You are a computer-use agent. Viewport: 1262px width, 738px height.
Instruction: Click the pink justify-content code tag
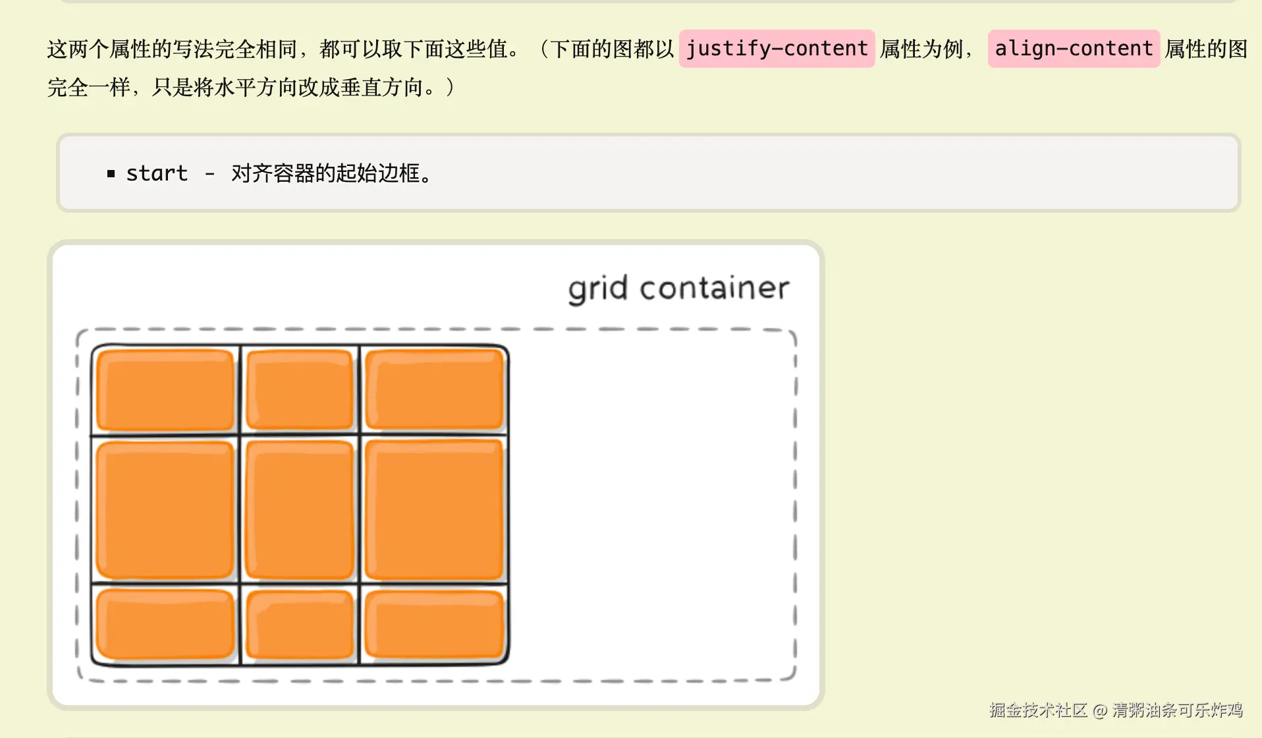pyautogui.click(x=777, y=49)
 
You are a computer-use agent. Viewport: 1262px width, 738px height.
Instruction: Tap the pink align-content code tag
pyautogui.click(x=1074, y=49)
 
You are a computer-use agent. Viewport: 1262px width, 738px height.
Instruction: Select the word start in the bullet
pyautogui.click(x=157, y=173)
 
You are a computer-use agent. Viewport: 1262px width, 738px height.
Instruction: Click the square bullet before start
pyautogui.click(x=111, y=174)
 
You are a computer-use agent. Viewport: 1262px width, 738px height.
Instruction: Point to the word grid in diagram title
pyautogui.click(x=597, y=289)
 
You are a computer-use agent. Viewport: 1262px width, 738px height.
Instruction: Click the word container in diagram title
pyautogui.click(x=715, y=288)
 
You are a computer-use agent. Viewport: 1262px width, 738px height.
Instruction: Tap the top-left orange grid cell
pyautogui.click(x=165, y=390)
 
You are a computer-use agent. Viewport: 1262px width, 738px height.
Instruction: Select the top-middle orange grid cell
pyautogui.click(x=300, y=390)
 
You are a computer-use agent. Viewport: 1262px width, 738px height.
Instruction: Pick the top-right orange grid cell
pyautogui.click(x=434, y=389)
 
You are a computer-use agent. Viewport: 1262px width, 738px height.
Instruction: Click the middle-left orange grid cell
pyautogui.click(x=165, y=510)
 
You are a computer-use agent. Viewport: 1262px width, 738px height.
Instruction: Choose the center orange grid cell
pyautogui.click(x=300, y=510)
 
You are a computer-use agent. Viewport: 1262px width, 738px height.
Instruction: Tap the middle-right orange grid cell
pyautogui.click(x=434, y=510)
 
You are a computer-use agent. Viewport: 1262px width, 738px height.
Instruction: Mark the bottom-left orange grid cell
pyautogui.click(x=165, y=624)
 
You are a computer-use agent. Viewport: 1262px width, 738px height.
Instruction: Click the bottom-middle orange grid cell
pyautogui.click(x=300, y=625)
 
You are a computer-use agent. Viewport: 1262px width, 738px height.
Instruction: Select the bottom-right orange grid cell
pyautogui.click(x=434, y=624)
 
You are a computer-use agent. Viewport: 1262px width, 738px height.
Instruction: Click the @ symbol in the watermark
pyautogui.click(x=1099, y=710)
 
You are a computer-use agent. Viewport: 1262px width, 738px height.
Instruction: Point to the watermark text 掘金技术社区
pyautogui.click(x=1038, y=710)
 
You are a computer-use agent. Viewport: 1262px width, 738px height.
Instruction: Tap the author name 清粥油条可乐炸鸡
pyautogui.click(x=1178, y=710)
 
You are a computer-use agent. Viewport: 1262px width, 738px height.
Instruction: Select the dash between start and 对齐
pyautogui.click(x=209, y=175)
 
